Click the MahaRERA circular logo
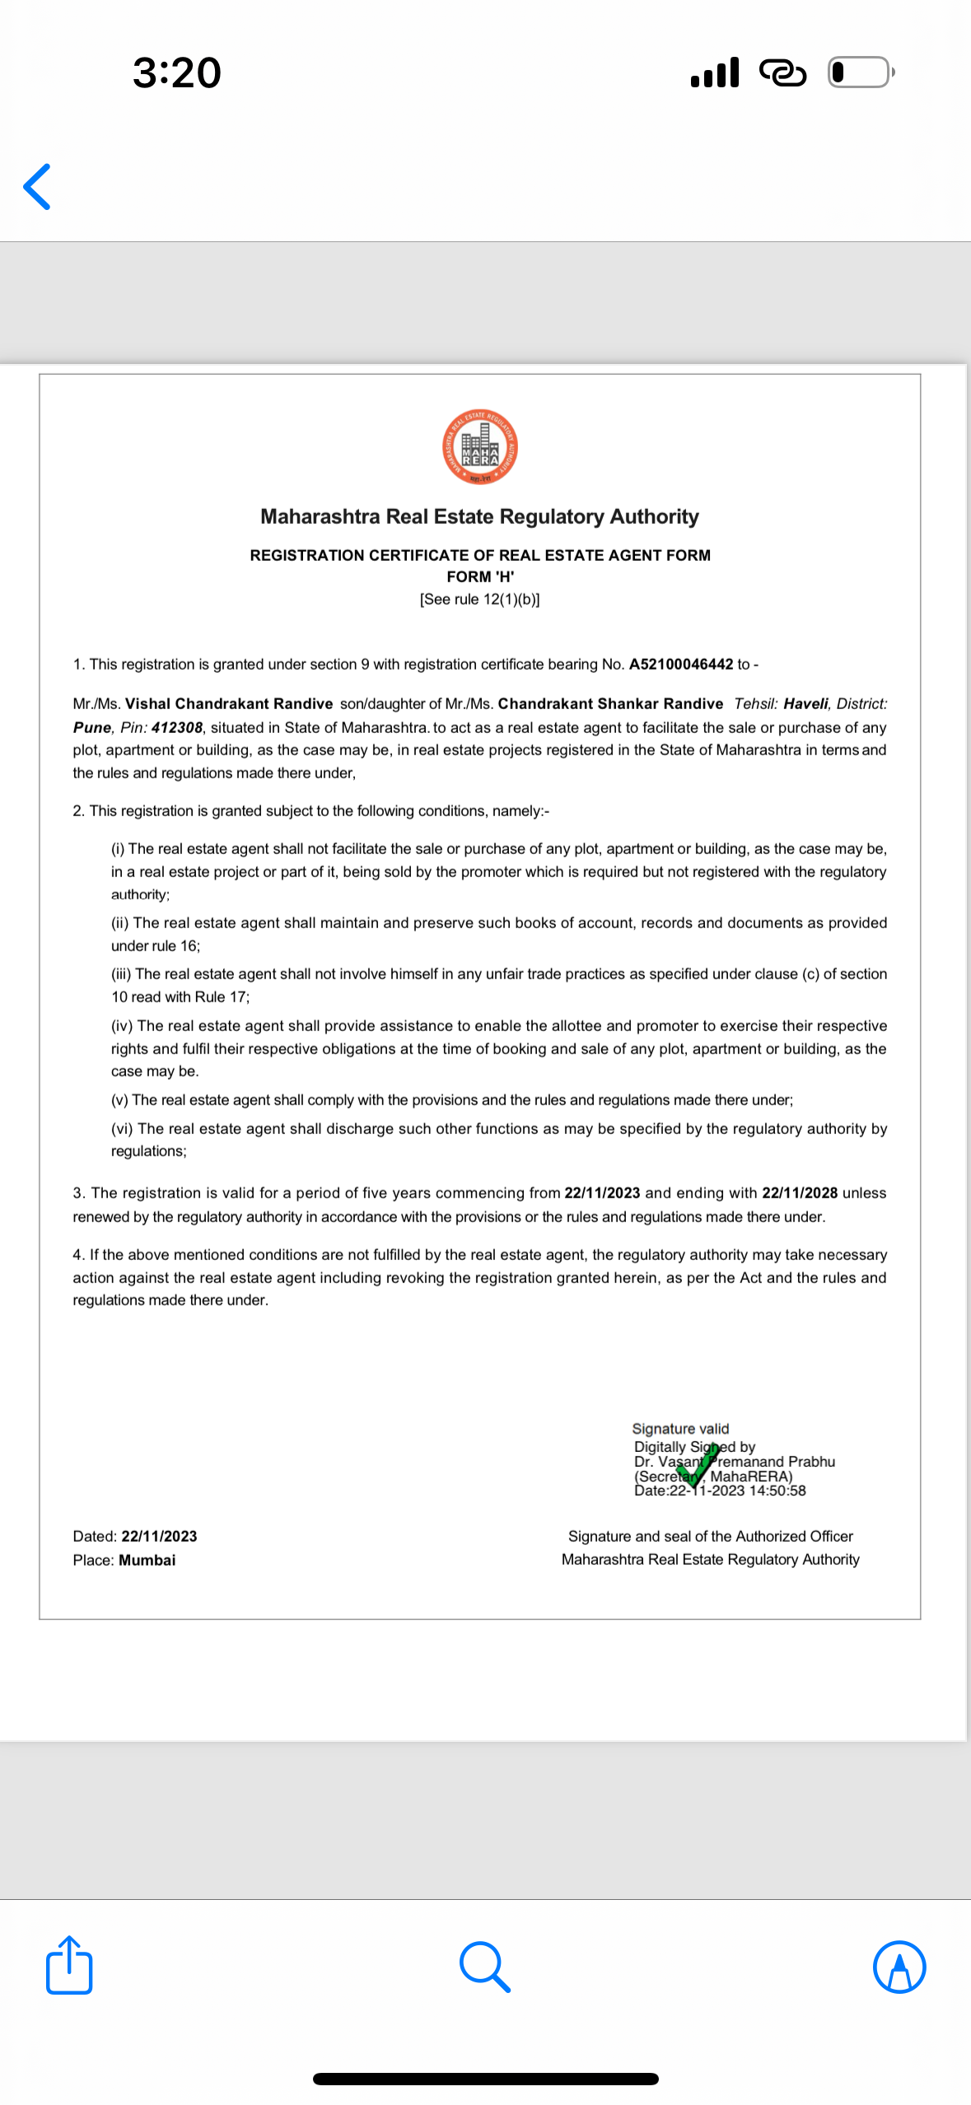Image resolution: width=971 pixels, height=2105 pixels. [x=479, y=447]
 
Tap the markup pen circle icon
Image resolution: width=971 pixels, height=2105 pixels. [x=899, y=1967]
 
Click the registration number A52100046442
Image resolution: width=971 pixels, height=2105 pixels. [x=680, y=665]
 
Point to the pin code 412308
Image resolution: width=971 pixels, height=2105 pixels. [x=177, y=728]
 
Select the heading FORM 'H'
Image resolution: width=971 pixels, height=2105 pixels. [x=480, y=577]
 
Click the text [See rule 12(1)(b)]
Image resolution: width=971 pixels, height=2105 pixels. [x=479, y=600]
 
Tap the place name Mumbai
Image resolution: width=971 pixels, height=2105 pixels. [x=147, y=1561]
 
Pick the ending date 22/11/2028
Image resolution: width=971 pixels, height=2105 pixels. [x=799, y=1193]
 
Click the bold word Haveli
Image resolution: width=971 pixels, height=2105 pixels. [x=805, y=704]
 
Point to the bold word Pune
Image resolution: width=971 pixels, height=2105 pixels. [x=91, y=728]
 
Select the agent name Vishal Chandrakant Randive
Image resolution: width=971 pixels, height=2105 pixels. [x=229, y=704]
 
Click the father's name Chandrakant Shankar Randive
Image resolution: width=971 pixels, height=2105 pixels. [x=610, y=704]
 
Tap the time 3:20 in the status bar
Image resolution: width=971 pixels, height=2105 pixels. [x=176, y=72]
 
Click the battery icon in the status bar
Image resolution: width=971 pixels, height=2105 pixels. [x=860, y=72]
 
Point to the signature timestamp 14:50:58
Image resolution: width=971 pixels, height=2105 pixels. [x=777, y=1491]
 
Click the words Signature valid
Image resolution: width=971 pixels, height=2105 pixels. [x=680, y=1429]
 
